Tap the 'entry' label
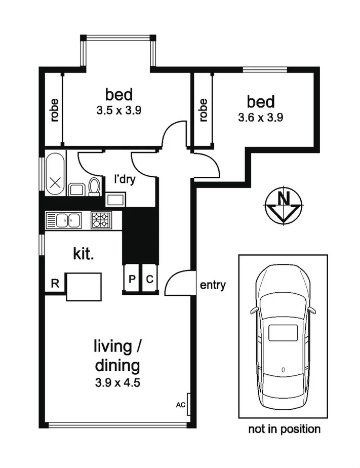pyautogui.click(x=213, y=286)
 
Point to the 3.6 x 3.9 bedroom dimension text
pyautogui.click(x=260, y=118)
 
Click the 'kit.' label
pyautogui.click(x=84, y=254)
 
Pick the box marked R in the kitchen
pyautogui.click(x=55, y=284)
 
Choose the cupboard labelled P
pyautogui.click(x=131, y=279)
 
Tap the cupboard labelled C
pyautogui.click(x=150, y=279)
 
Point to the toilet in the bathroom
pyautogui.click(x=94, y=186)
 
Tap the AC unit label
pyautogui.click(x=180, y=405)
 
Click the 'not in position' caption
pyautogui.click(x=284, y=430)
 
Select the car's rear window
pyautogui.click(x=283, y=333)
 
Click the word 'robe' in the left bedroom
pyautogui.click(x=54, y=109)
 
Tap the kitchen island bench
pyautogui.click(x=84, y=287)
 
